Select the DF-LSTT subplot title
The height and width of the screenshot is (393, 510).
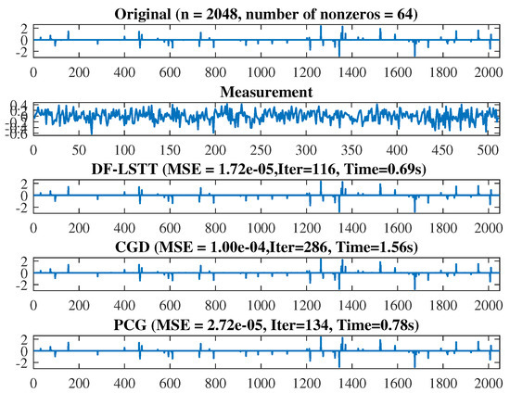pos(265,170)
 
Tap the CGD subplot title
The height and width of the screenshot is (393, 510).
pos(265,246)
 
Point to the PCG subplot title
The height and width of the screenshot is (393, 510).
pos(265,323)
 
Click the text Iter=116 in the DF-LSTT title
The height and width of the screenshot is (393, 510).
pos(294,170)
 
